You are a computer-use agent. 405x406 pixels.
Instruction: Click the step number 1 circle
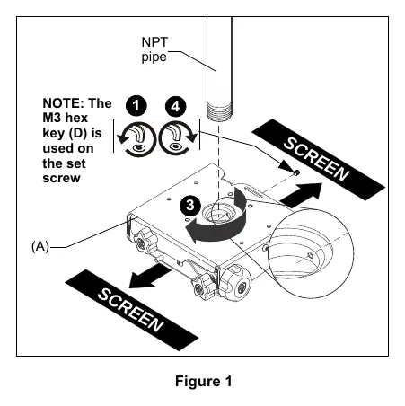[x=136, y=106]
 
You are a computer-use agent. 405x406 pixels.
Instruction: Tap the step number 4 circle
[x=176, y=106]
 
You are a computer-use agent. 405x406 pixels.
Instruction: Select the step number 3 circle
[x=190, y=206]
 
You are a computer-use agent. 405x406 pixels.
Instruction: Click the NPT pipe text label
[x=154, y=49]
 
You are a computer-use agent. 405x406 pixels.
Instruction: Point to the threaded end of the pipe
[x=219, y=111]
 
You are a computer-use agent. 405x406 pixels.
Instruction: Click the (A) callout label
[x=40, y=246]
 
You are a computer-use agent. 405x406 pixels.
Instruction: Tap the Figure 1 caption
[x=203, y=382]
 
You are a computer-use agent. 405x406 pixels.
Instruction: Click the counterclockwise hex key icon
[x=136, y=138]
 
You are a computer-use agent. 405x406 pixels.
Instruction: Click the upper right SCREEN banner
[x=318, y=159]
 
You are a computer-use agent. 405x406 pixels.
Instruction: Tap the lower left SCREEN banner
[x=132, y=310]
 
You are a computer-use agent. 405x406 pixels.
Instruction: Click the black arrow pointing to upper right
[x=301, y=195]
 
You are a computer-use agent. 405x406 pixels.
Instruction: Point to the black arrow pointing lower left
[x=150, y=276]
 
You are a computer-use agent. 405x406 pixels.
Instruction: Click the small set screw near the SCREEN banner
[x=296, y=172]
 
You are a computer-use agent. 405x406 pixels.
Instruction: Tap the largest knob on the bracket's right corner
[x=236, y=283]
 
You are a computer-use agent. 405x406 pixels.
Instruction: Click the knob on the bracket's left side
[x=144, y=242]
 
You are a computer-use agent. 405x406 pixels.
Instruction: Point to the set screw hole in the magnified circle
[x=311, y=255]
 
